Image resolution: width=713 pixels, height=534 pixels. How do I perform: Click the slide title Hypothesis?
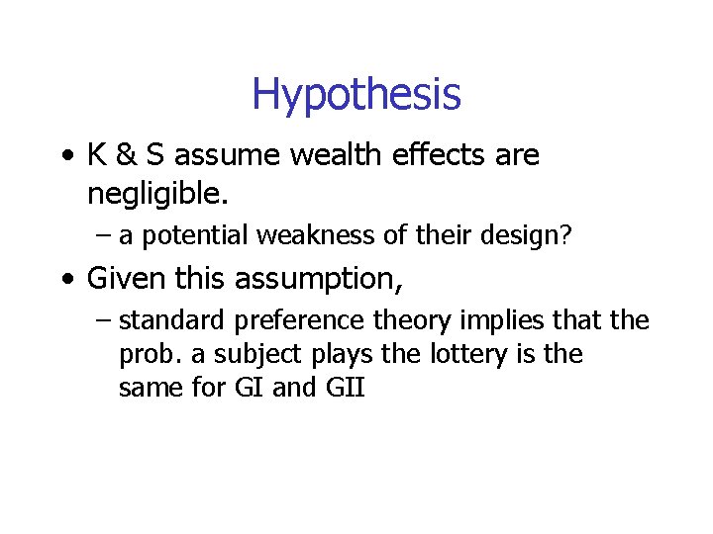[x=356, y=95]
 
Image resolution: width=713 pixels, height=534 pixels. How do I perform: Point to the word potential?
[x=188, y=236]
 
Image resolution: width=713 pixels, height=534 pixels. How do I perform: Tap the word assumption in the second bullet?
[x=317, y=280]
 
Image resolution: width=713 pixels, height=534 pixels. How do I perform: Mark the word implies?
[x=495, y=321]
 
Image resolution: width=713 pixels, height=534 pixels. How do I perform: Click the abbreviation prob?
[x=146, y=355]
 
